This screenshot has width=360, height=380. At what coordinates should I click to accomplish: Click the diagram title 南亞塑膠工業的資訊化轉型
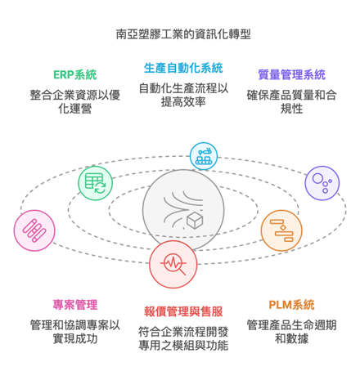[183, 34]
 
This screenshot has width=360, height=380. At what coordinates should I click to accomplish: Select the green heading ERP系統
[75, 75]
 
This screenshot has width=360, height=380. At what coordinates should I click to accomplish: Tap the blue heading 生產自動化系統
[183, 68]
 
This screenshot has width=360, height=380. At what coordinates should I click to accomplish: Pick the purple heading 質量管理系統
[291, 75]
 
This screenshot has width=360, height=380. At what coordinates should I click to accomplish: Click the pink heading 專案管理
[75, 305]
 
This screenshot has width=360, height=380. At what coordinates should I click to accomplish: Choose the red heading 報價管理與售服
[183, 311]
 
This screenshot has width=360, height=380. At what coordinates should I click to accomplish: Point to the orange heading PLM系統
[291, 305]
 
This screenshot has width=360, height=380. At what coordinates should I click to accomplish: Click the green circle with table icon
[95, 183]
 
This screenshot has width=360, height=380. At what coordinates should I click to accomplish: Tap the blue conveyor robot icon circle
[204, 156]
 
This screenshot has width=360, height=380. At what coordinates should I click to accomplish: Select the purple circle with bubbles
[322, 183]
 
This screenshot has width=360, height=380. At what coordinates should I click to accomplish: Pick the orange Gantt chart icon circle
[281, 230]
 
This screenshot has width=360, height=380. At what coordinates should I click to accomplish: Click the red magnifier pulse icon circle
[173, 264]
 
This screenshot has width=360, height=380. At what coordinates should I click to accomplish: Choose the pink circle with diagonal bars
[34, 230]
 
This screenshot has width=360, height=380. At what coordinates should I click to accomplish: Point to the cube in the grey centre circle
[195, 221]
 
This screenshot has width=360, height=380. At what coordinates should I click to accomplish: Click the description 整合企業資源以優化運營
[75, 102]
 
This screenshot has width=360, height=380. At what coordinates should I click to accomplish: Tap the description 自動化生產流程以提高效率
[183, 95]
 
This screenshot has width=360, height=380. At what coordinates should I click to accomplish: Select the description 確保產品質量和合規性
[291, 102]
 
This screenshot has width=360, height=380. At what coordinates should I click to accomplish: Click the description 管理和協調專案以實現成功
[75, 332]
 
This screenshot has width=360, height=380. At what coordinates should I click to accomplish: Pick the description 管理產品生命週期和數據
[291, 332]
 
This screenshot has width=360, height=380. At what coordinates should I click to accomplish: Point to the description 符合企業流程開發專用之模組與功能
[183, 338]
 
